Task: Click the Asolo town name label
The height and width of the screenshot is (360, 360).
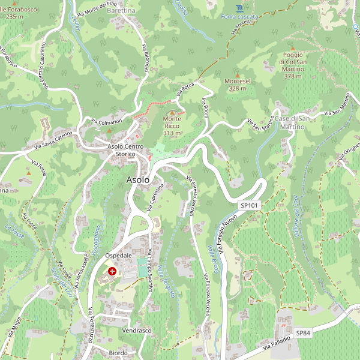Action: point(138,179)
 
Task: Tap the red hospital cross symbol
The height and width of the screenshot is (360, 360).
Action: point(112,271)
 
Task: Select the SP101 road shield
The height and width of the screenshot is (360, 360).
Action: point(248,205)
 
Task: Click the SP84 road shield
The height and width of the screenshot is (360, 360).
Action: point(304,332)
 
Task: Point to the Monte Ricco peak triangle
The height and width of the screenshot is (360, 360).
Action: point(172,112)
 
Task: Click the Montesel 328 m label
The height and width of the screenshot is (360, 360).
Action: point(237,84)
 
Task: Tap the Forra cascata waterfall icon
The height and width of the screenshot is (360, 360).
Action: point(239,8)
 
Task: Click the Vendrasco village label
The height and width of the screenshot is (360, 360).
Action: point(137,331)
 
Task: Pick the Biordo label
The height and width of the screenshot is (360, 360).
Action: point(118,353)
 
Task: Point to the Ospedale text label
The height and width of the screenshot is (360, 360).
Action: point(118,256)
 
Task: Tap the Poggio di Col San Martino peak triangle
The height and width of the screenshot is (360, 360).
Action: point(293,48)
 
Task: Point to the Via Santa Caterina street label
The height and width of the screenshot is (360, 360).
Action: point(53,140)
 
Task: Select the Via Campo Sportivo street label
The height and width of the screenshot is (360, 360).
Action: point(149,270)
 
